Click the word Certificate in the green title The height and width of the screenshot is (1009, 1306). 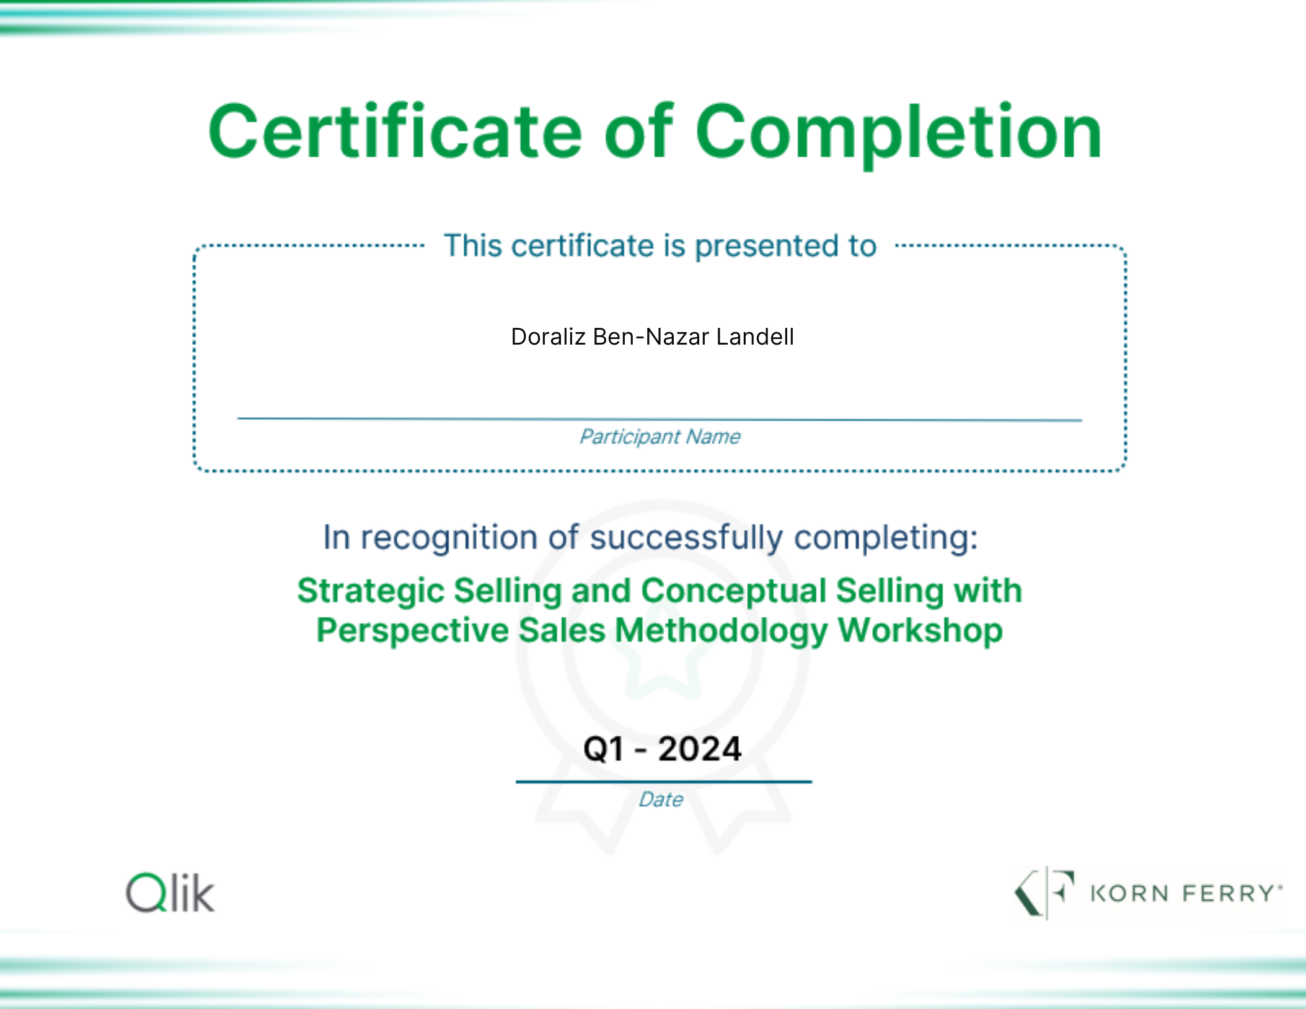[x=395, y=131]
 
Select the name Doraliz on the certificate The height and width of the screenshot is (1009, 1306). [x=549, y=337]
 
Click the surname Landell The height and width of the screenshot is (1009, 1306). [x=755, y=337]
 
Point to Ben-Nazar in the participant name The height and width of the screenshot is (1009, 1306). [x=651, y=337]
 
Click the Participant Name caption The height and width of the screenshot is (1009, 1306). [x=660, y=437]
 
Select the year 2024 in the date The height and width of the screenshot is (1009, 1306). [x=700, y=749]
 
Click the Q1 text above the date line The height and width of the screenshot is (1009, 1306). [x=604, y=749]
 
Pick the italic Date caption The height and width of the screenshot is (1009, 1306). [x=661, y=800]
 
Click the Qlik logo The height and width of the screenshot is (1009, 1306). [x=170, y=892]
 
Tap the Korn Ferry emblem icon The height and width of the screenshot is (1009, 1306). [x=1044, y=892]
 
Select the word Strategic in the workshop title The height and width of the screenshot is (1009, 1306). [x=371, y=591]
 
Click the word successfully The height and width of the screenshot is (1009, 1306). [x=686, y=538]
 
